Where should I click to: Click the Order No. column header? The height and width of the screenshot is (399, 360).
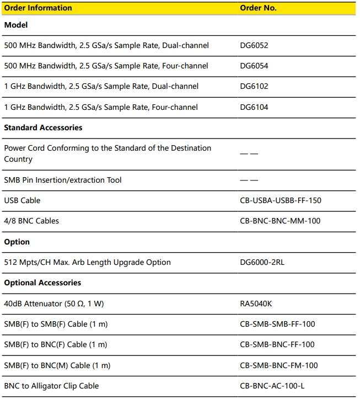click(x=258, y=8)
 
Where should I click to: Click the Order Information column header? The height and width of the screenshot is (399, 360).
click(x=38, y=8)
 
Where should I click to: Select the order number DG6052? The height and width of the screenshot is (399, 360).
click(x=254, y=45)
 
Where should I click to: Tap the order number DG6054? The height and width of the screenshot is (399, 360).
click(x=254, y=66)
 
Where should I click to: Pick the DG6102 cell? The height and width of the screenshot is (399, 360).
click(x=254, y=86)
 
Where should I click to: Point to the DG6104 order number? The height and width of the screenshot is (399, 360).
click(x=254, y=107)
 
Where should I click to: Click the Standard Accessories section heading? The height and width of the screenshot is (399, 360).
click(x=43, y=127)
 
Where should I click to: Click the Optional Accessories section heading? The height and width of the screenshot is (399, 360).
click(x=42, y=283)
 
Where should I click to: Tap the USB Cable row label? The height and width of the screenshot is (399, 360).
click(x=22, y=200)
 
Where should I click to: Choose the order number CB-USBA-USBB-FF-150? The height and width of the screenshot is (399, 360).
click(x=281, y=200)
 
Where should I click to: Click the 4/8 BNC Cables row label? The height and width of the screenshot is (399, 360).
click(x=31, y=221)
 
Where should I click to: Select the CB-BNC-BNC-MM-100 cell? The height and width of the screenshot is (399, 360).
click(x=280, y=221)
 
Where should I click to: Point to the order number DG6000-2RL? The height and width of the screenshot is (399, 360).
click(x=262, y=262)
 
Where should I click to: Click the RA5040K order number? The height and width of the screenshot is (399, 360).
click(x=256, y=304)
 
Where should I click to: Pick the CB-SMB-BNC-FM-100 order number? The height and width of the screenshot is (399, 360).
click(x=279, y=365)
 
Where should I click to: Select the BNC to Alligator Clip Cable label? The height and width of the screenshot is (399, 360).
click(x=51, y=386)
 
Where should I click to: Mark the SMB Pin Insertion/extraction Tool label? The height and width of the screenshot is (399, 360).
click(x=63, y=180)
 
